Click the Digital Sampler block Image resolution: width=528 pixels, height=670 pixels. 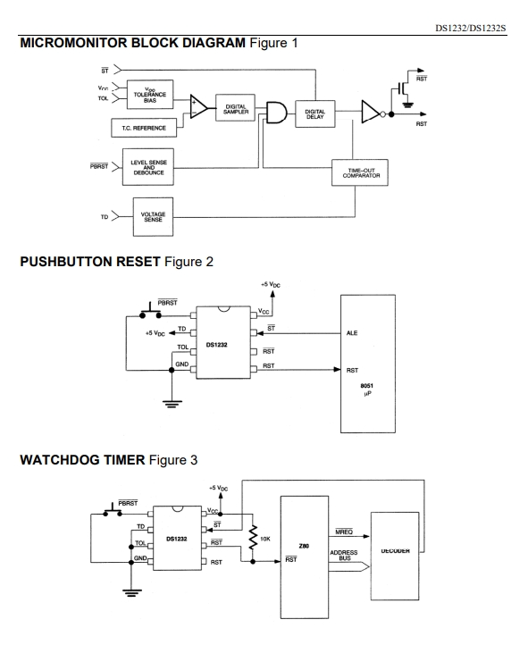(x=235, y=108)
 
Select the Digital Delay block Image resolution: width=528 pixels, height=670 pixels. (x=314, y=113)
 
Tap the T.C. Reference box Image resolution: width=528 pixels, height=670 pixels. (x=144, y=128)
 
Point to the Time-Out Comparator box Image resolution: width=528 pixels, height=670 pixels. (x=360, y=172)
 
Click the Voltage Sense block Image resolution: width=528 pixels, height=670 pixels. (x=153, y=217)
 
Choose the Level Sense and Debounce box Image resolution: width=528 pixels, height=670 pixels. (x=147, y=167)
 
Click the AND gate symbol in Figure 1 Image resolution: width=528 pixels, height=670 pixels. (x=276, y=113)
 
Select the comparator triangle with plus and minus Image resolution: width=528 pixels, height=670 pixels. (x=198, y=107)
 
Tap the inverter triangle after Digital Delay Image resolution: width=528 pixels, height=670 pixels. (x=371, y=112)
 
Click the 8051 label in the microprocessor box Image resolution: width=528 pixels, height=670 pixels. (x=366, y=385)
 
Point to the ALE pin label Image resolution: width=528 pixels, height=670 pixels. (x=352, y=333)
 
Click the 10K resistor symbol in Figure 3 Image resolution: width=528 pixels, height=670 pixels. (x=253, y=538)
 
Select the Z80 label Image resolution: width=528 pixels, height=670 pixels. (x=304, y=546)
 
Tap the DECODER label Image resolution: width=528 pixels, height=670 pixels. (x=395, y=551)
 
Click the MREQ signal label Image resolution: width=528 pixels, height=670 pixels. (x=344, y=532)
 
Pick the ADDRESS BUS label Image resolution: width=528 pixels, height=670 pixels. (x=344, y=555)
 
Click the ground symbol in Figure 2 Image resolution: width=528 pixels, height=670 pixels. (x=172, y=404)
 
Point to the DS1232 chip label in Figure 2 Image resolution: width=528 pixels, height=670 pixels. (x=216, y=345)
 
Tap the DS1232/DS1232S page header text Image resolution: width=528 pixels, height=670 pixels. (x=470, y=29)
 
